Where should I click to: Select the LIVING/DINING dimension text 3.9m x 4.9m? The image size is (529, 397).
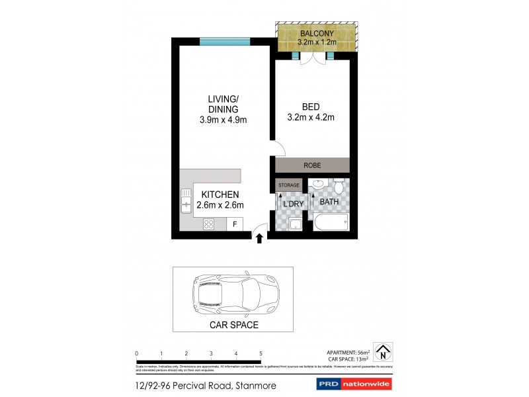tap(223, 120)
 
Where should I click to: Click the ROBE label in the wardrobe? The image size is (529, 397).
tap(312, 165)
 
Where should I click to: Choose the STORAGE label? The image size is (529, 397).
tap(289, 185)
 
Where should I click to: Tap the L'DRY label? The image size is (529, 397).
tap(293, 204)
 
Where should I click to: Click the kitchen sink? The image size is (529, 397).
tap(186, 201)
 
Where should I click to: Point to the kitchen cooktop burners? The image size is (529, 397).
tap(208, 224)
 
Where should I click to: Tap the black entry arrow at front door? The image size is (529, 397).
tap(259, 238)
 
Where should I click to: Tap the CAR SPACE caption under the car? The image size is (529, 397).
tap(233, 325)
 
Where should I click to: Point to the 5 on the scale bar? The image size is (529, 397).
tap(261, 353)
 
